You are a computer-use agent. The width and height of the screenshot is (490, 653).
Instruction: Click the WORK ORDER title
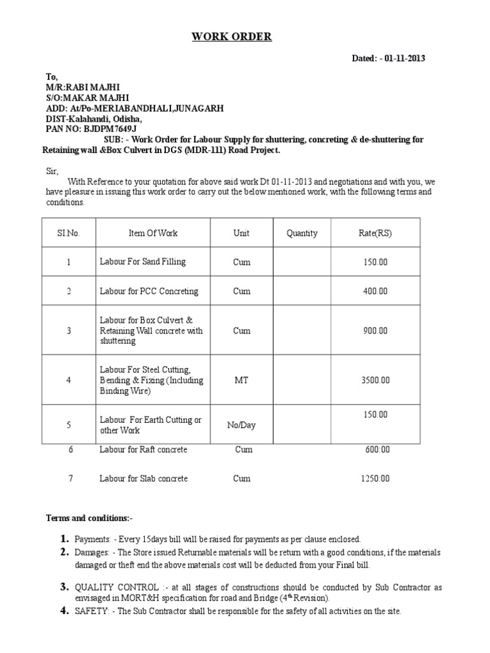click(x=232, y=37)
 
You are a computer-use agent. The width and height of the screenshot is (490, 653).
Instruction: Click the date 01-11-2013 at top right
click(x=405, y=59)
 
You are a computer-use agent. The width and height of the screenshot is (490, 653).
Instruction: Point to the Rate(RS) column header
click(x=376, y=233)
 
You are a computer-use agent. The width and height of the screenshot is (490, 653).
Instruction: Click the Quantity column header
click(x=302, y=233)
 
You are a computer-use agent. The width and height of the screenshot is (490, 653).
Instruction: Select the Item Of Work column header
click(x=153, y=233)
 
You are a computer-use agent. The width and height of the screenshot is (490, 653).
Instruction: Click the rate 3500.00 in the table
click(x=376, y=381)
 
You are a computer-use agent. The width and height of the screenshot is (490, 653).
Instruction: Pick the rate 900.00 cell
click(x=376, y=331)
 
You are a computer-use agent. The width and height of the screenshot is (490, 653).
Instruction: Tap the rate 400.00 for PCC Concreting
click(x=376, y=291)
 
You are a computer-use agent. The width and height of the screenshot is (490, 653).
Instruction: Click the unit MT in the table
click(x=241, y=381)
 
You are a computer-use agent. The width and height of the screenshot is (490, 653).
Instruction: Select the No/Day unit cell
click(x=241, y=425)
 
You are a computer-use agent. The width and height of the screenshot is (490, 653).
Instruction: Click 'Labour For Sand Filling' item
click(x=142, y=262)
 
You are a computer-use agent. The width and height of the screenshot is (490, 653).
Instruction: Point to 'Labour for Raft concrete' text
click(x=144, y=450)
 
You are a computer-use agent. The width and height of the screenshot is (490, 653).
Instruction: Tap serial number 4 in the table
click(x=68, y=381)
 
